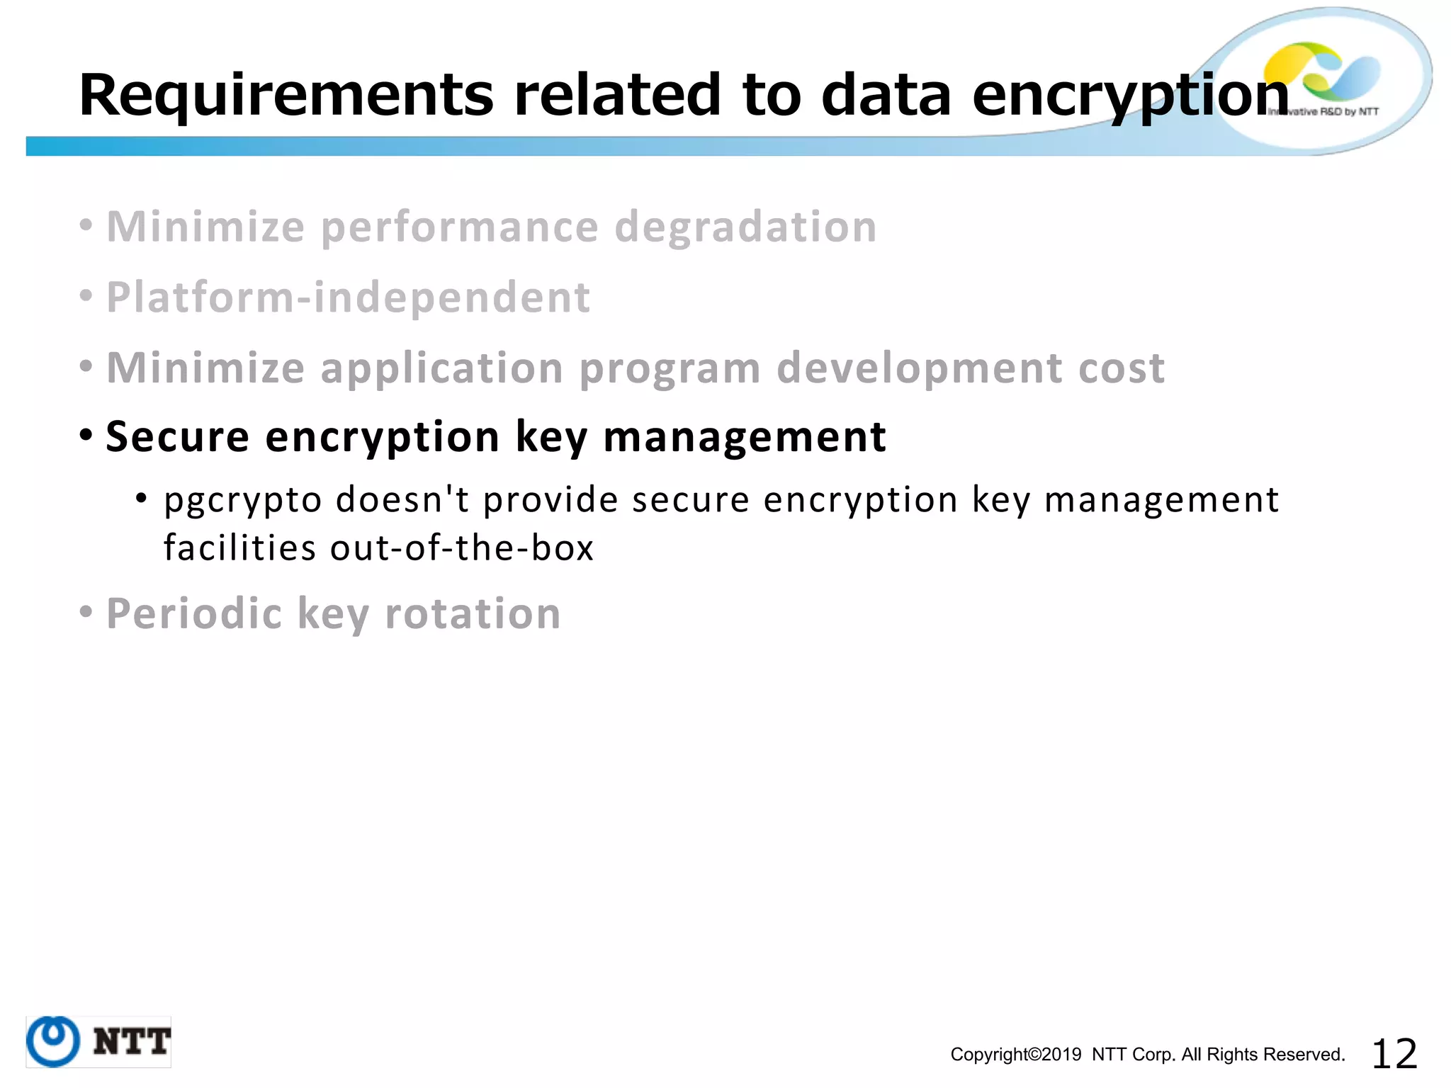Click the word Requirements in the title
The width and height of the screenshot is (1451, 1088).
[286, 95]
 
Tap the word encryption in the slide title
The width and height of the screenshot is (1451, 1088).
[1131, 95]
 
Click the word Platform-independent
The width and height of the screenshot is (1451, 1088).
[348, 297]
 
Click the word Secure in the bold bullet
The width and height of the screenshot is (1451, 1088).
[177, 436]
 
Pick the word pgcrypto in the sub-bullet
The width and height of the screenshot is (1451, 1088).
[243, 500]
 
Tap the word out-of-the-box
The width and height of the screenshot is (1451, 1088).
[461, 548]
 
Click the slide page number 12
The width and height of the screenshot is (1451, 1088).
[1394, 1053]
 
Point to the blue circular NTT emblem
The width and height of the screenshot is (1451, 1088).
[52, 1041]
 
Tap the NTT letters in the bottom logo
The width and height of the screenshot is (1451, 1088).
[132, 1041]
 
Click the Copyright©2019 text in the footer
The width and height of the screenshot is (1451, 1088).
[1015, 1055]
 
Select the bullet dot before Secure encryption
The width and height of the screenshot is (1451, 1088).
[86, 434]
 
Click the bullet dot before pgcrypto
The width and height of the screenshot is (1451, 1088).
[142, 499]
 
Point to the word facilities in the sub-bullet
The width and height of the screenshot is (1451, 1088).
[239, 548]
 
